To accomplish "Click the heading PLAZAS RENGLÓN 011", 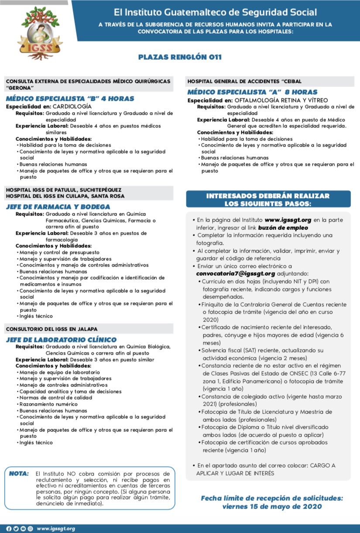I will (x=180, y=57).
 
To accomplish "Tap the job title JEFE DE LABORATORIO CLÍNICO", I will (x=61, y=340).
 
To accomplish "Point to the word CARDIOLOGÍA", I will (x=72, y=106).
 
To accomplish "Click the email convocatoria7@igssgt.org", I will (x=236, y=273).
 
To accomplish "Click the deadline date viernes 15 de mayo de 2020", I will (x=272, y=506).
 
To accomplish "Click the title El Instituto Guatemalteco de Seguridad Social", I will (x=215, y=12).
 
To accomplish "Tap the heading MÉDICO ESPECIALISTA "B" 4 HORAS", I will (x=70, y=99).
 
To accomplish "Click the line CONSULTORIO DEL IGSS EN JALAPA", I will (x=51, y=328).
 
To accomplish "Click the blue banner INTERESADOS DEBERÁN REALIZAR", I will (x=267, y=196).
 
